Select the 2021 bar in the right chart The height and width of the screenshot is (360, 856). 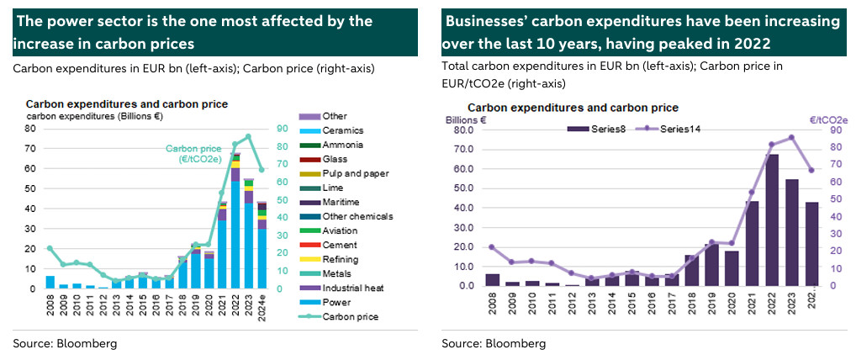[752, 244]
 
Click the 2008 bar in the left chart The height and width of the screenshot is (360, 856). [50, 282]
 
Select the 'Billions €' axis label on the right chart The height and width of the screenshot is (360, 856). [466, 120]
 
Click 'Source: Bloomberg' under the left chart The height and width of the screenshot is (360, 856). [65, 343]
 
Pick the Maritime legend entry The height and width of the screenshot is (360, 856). [341, 202]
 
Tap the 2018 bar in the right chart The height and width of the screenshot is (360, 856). [690, 270]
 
